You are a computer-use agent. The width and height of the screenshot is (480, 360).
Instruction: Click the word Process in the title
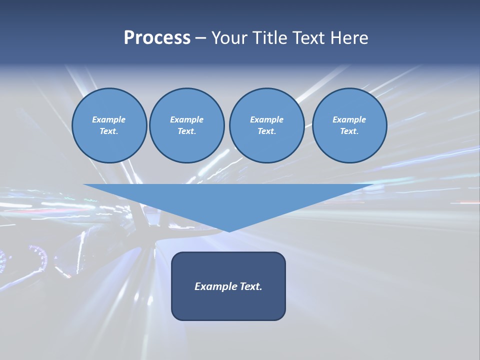pyautogui.click(x=157, y=38)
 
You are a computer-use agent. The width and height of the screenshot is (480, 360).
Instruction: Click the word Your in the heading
pyautogui.click(x=227, y=38)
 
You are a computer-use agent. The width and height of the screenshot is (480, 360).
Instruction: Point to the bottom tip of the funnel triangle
pyautogui.click(x=229, y=230)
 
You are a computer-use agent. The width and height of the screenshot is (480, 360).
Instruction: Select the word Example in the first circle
pyautogui.click(x=109, y=119)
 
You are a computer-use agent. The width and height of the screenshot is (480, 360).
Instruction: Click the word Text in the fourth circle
pyautogui.click(x=349, y=131)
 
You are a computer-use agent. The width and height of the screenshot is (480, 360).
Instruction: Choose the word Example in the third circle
pyautogui.click(x=266, y=119)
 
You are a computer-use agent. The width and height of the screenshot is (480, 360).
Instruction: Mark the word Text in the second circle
pyautogui.click(x=186, y=131)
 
